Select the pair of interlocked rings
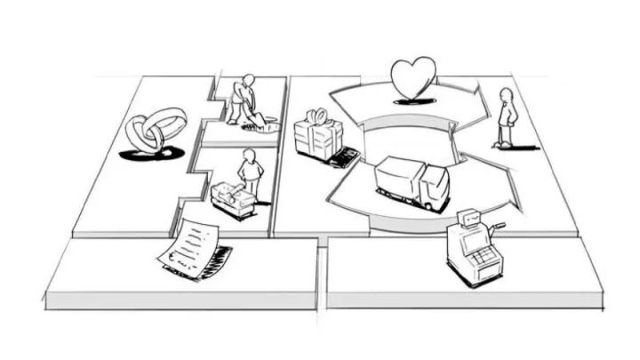pyautogui.click(x=156, y=132)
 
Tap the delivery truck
pyautogui.click(x=412, y=182)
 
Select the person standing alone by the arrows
pyautogui.click(x=506, y=117)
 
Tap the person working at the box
pyautogui.click(x=251, y=172)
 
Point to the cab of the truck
pyautogui.click(x=434, y=187)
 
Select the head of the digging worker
pyautogui.click(x=248, y=80)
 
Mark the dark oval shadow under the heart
pyautogui.click(x=413, y=101)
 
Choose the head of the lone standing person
pyautogui.click(x=507, y=93)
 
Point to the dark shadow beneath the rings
pyautogui.click(x=151, y=155)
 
